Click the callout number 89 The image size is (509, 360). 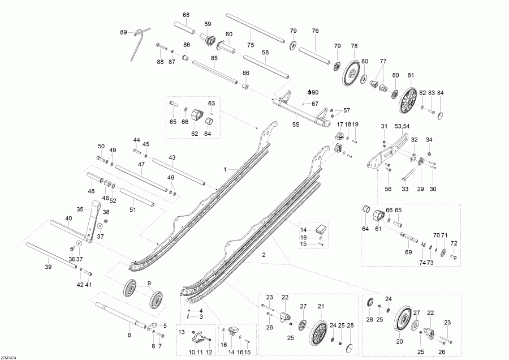pyautogui.click(x=123, y=33)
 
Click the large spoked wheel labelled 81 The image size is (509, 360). pyautogui.click(x=408, y=99)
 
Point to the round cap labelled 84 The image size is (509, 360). pyautogui.click(x=441, y=114)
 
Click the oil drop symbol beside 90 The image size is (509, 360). pyautogui.click(x=309, y=92)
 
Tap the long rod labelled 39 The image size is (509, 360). pyautogui.click(x=51, y=258)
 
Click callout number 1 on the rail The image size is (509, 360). pyautogui.click(x=225, y=169)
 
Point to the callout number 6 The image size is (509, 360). pyautogui.click(x=129, y=336)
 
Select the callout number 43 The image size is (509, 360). pyautogui.click(x=171, y=157)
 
